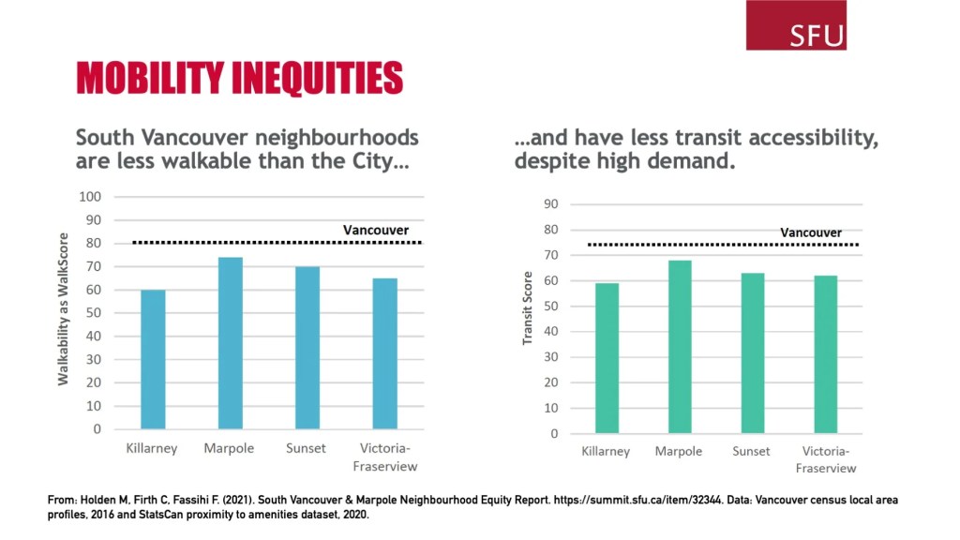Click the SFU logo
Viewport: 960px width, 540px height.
(796, 26)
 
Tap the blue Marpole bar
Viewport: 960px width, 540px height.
(231, 343)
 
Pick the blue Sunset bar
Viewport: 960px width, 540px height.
(307, 348)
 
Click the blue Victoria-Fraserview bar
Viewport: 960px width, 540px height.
(384, 353)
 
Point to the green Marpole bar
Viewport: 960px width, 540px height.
(680, 347)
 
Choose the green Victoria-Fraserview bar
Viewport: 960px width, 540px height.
(825, 354)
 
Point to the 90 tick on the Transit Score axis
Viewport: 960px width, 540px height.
(551, 204)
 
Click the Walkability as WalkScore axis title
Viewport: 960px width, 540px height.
(64, 309)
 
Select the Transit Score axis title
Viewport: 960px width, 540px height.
(528, 308)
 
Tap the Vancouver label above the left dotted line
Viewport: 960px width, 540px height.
(376, 230)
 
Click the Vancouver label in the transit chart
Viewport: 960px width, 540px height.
(811, 232)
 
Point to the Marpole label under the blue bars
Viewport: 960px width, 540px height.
(229, 448)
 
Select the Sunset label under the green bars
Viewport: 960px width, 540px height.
(752, 451)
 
